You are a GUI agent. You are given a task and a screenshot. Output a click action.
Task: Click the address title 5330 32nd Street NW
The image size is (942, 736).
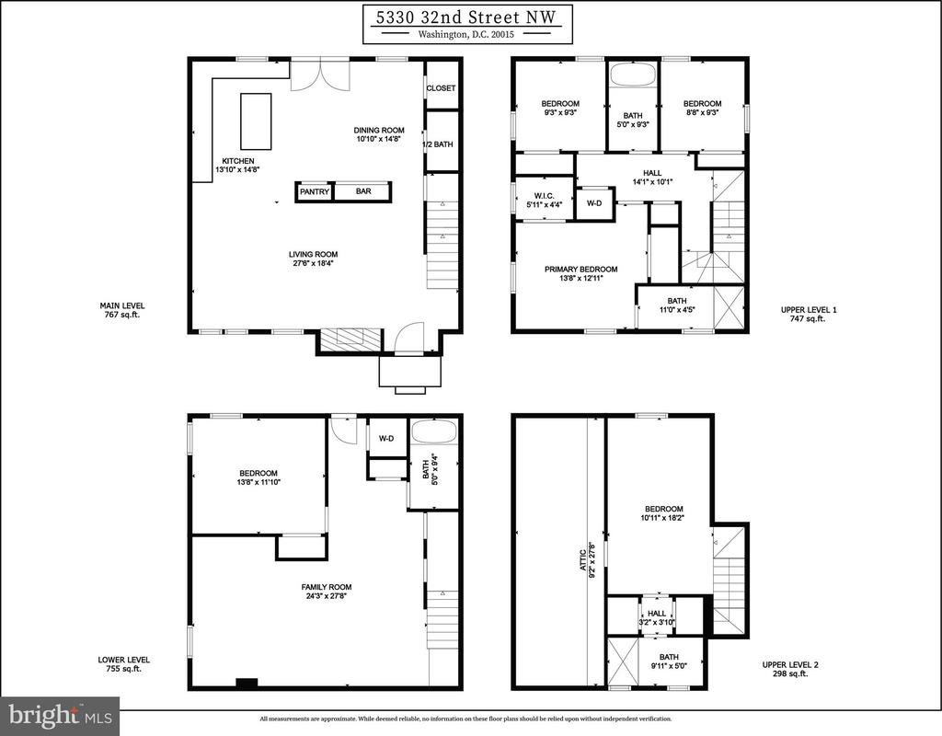click(x=467, y=17)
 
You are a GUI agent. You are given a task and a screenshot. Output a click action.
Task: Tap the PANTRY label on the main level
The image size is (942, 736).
click(x=315, y=191)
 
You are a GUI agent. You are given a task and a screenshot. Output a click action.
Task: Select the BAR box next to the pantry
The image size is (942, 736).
click(x=362, y=191)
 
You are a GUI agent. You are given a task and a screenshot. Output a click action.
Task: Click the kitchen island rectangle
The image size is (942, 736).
click(x=256, y=121)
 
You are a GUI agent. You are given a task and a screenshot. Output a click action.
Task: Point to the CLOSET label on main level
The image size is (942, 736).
click(x=441, y=88)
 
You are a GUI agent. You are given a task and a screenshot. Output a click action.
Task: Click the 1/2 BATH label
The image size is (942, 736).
click(x=438, y=144)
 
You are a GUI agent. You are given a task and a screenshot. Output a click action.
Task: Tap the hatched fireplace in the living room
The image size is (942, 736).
click(x=350, y=340)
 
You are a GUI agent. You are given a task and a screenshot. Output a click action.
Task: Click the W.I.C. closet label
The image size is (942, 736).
click(x=544, y=196)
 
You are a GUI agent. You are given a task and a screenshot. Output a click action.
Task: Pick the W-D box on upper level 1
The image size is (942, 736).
click(x=594, y=203)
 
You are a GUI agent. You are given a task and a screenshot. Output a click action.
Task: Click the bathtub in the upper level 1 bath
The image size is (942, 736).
click(x=633, y=75)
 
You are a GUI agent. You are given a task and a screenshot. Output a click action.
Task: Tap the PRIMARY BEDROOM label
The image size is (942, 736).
click(x=581, y=270)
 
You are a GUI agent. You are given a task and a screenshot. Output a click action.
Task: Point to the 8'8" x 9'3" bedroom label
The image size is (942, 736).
click(x=702, y=111)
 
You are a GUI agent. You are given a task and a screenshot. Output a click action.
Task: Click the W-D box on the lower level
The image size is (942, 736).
click(x=386, y=439)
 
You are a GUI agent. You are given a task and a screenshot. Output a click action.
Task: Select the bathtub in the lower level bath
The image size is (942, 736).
click(x=433, y=432)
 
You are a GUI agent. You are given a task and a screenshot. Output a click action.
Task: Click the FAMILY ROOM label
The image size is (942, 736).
click(x=327, y=587)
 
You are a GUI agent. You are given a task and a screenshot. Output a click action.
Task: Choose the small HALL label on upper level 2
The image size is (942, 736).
click(x=657, y=614)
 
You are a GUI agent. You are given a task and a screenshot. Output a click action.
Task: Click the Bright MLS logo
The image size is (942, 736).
click(x=60, y=716)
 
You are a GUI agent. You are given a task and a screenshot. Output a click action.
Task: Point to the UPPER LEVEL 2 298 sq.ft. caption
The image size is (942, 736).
click(x=790, y=670)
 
